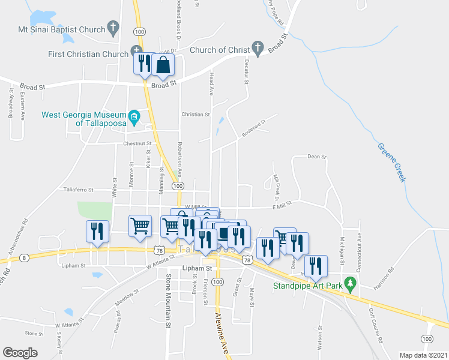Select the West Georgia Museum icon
(134, 115)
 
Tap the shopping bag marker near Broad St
(163, 65)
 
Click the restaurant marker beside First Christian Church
(144, 63)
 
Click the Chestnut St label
(136, 143)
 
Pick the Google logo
(20, 352)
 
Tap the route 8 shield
(23, 257)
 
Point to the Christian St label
(196, 113)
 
